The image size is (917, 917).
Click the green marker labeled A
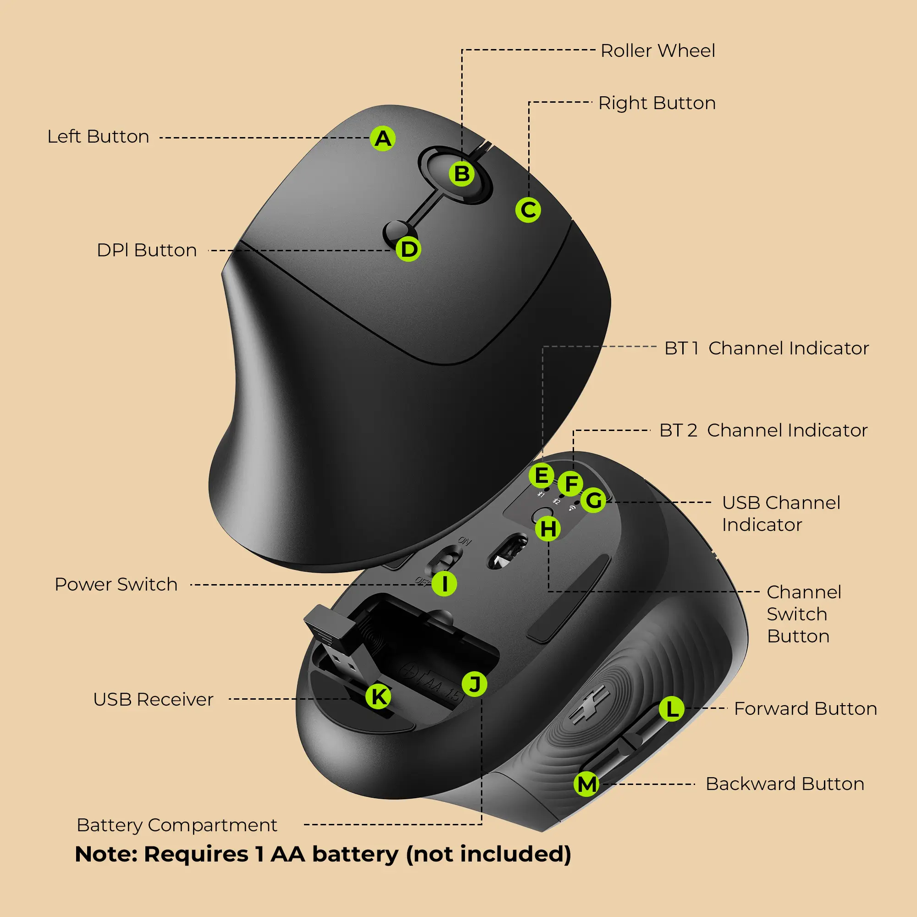pos(383,138)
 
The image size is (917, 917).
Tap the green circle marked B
pos(462,174)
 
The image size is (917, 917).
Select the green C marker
pos(528,210)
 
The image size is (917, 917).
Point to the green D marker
pos(409,249)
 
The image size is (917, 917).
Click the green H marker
pos(548,528)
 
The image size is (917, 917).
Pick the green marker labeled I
pos(444,583)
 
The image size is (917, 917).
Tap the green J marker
pos(474,684)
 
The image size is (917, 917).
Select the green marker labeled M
pos(587,784)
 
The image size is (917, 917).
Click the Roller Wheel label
pos(657,51)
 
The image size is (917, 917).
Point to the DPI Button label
pos(147,250)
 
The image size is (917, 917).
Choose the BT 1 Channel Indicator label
pos(766,348)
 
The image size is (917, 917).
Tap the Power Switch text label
pos(116,584)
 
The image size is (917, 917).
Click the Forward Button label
pos(805,709)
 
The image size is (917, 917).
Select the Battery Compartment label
pos(177,825)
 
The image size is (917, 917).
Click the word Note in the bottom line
pos(106,854)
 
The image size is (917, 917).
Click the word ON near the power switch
pos(464,541)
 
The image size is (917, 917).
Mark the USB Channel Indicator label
pos(781,514)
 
